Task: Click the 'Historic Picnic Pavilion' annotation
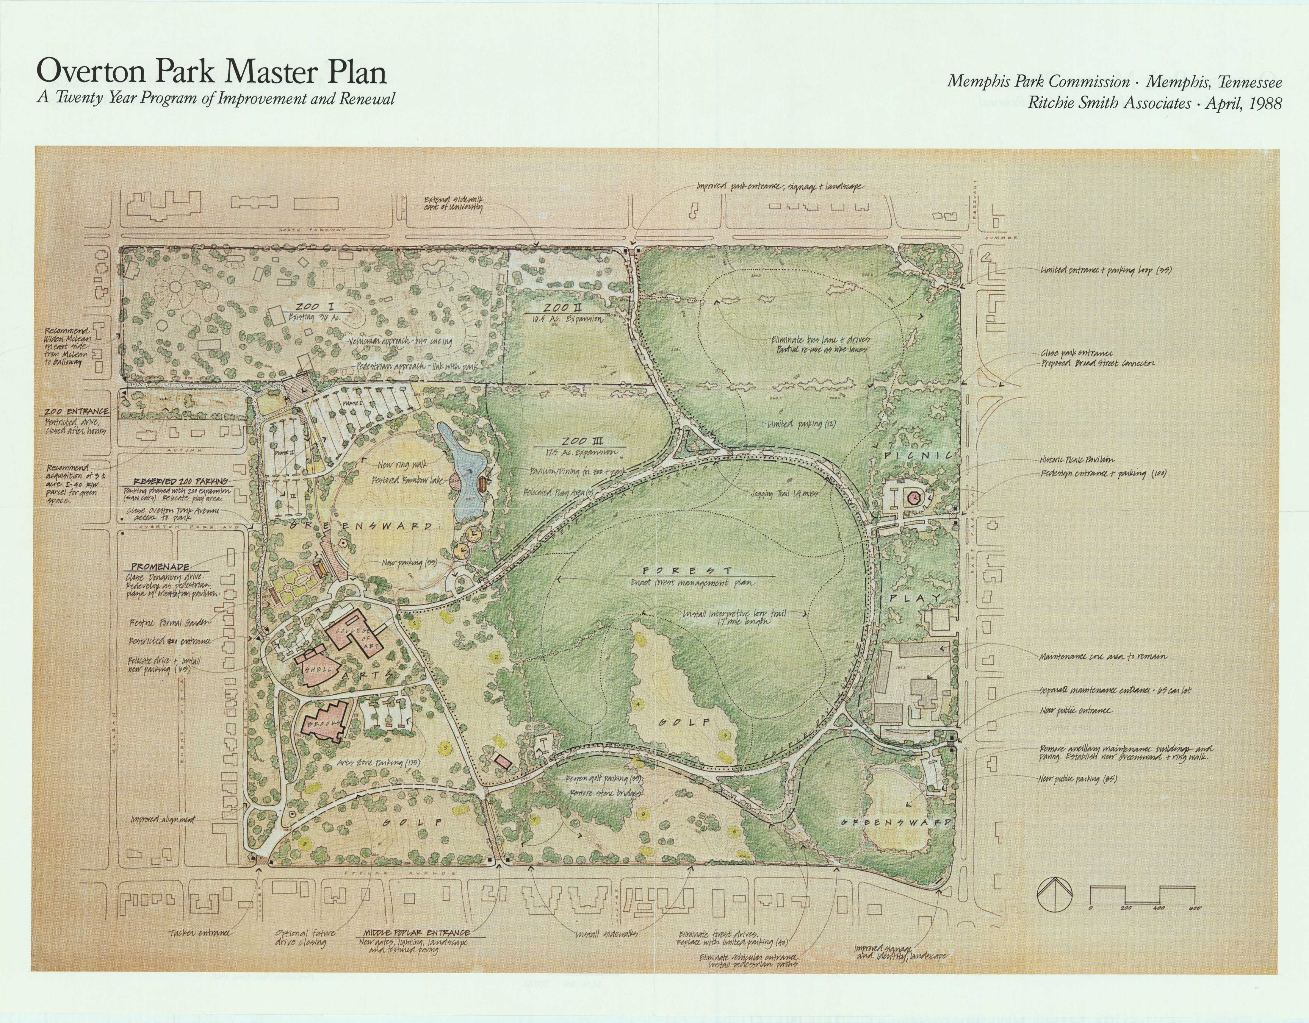click(1076, 460)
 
